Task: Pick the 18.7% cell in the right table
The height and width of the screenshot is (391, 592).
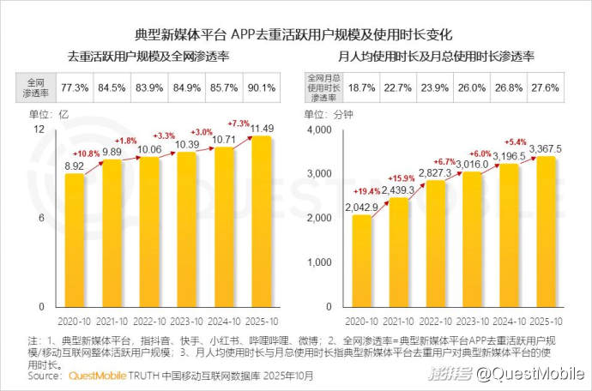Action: pos(361,87)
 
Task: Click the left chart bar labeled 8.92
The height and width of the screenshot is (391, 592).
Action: pos(75,240)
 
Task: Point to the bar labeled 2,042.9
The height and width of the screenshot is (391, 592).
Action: pos(362,261)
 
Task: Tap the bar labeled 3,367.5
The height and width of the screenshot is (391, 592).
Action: pos(547,232)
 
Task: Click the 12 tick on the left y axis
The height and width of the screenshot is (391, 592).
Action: pos(39,129)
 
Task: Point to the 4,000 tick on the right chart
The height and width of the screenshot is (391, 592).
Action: pos(320,129)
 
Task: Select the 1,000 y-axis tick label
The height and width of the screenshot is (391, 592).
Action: pos(320,262)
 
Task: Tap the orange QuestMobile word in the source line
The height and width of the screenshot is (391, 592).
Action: pos(97,375)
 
